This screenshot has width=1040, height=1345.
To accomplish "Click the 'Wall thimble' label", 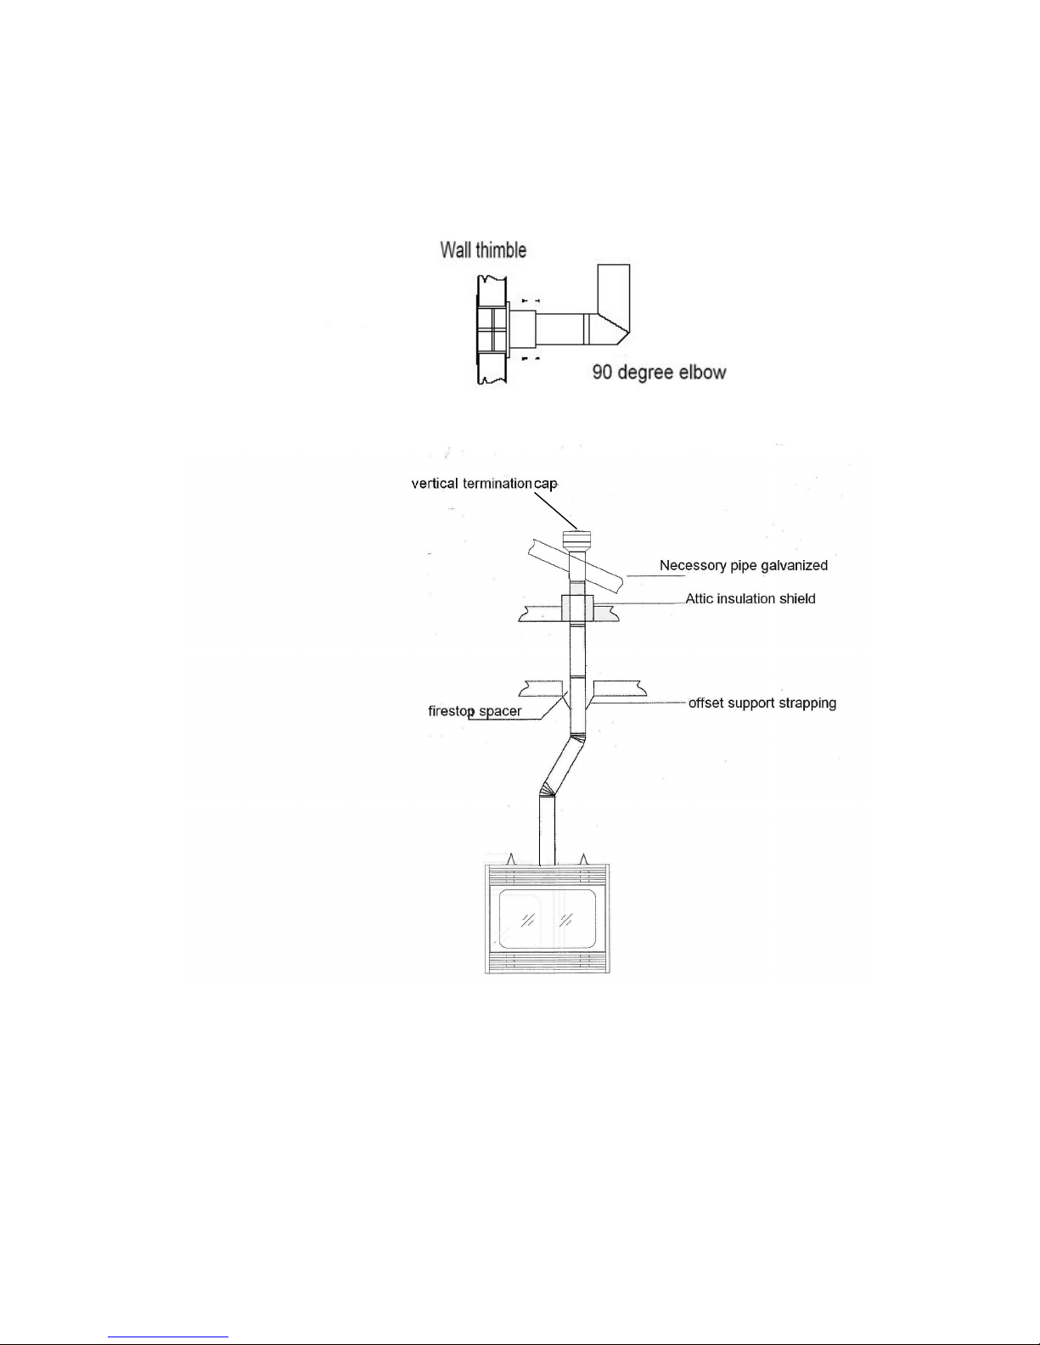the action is (483, 250).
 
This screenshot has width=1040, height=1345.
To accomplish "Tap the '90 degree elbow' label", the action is (659, 372).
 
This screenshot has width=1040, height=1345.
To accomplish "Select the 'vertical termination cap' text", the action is (484, 484).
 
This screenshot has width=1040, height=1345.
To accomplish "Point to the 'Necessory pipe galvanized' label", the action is (744, 565).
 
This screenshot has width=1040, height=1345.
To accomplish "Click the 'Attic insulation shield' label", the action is (750, 598).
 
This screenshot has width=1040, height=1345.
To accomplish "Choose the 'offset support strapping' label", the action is (762, 703).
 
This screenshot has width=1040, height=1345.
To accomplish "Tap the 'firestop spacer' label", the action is (475, 711).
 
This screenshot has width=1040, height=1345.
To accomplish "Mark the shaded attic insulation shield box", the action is (577, 608).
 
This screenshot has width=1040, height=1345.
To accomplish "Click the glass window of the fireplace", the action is (548, 919).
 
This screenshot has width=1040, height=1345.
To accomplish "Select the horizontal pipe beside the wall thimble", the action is (559, 329).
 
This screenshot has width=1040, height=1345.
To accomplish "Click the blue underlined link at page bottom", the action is (168, 1337).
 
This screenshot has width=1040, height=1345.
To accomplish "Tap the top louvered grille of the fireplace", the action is (548, 877).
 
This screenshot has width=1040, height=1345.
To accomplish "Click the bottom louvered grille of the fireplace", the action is (548, 961).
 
